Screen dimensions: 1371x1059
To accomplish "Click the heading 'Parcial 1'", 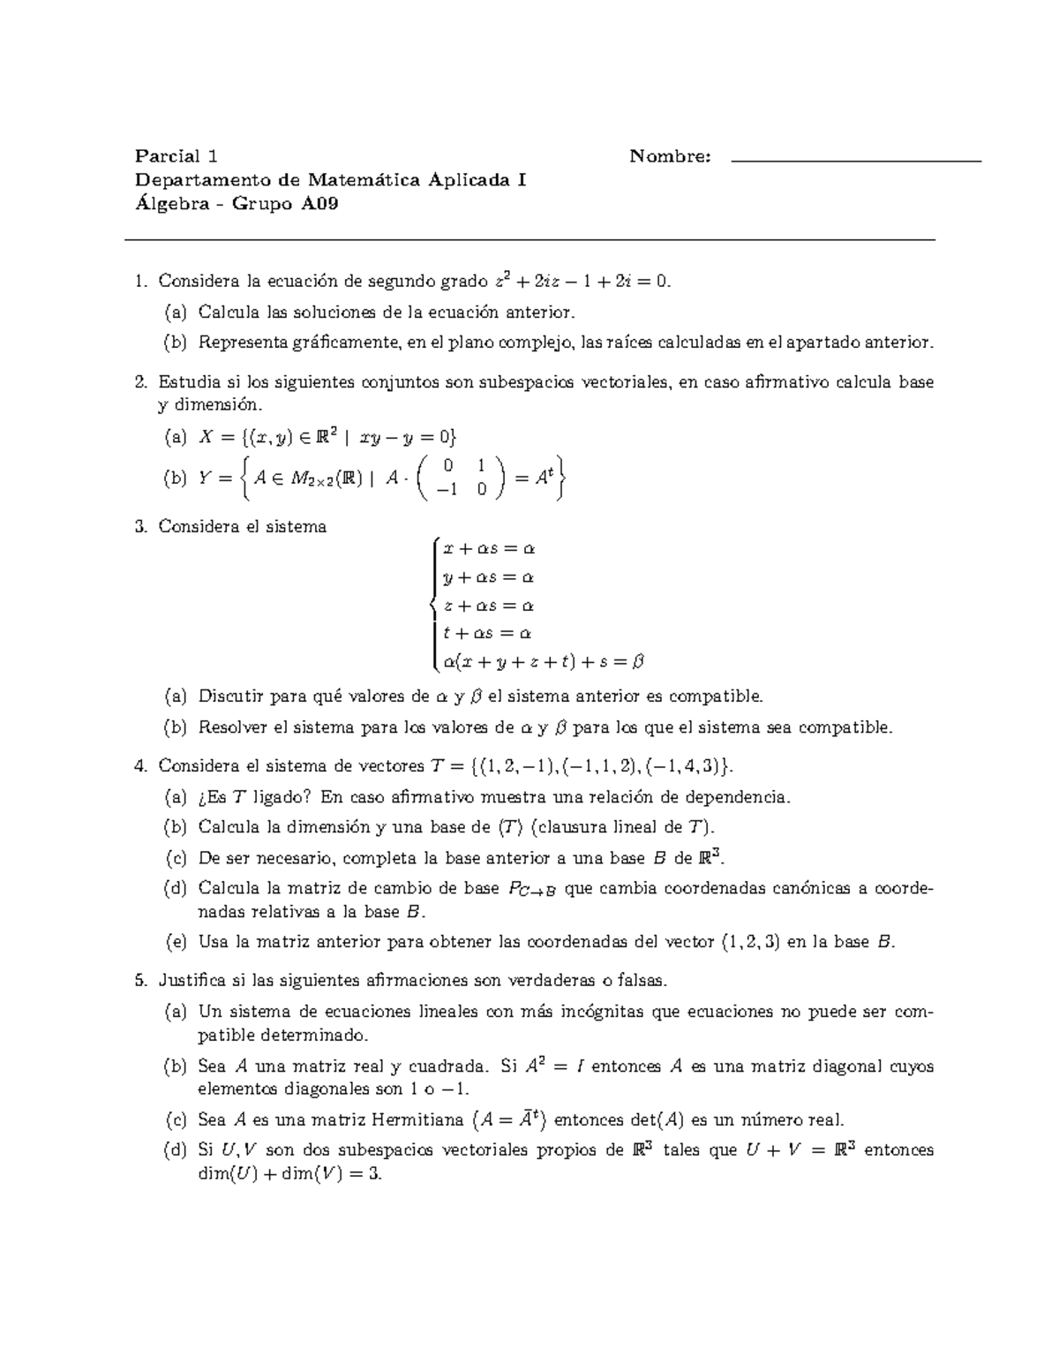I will tap(176, 157).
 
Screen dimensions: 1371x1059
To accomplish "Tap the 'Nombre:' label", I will tap(670, 157).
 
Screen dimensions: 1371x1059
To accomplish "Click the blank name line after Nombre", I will tap(856, 160).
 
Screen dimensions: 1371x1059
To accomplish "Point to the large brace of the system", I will tap(431, 605).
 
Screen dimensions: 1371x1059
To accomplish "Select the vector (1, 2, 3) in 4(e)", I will tap(751, 942).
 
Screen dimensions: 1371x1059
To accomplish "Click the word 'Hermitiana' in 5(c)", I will tap(417, 1120).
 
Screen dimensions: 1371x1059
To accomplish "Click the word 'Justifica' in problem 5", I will tap(193, 981).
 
